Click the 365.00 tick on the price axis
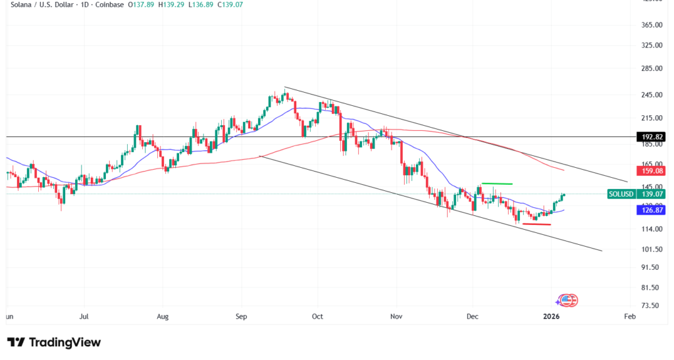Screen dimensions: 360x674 [650, 25]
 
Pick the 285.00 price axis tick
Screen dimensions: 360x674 [650, 68]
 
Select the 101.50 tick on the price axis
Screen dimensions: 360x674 [650, 249]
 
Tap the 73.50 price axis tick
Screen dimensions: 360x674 [650, 306]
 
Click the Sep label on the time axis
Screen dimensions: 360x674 [241, 317]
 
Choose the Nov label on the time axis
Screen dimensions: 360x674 [396, 317]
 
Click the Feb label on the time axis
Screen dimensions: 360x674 [629, 317]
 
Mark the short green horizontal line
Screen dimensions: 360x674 [497, 183]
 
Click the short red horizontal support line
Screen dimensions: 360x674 [536, 224]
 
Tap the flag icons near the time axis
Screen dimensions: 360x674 [567, 301]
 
